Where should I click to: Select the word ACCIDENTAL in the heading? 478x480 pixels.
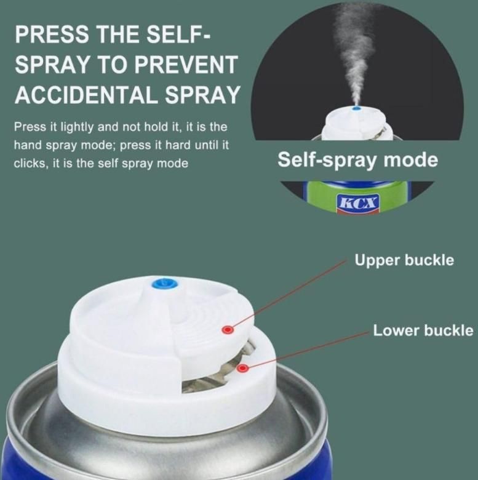86,95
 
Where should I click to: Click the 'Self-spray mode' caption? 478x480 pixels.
357,160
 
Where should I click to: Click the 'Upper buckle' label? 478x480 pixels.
404,260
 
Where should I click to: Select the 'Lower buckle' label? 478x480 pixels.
423,330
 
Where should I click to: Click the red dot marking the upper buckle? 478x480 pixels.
228,330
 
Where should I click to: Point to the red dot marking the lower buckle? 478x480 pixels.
242,368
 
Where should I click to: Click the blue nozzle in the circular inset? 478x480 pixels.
357,108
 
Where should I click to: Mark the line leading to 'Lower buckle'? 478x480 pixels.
308,349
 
